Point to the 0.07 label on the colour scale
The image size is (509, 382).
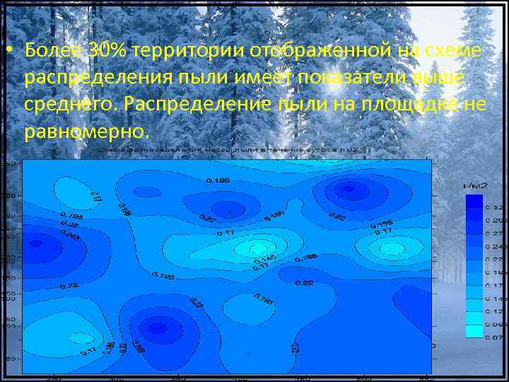[493, 336]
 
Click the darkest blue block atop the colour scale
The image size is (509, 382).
[474, 201]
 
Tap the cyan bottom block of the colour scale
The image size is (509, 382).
[474, 330]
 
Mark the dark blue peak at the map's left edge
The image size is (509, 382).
[35, 243]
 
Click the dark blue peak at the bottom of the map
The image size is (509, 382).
[157, 328]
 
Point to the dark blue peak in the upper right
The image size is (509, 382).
[347, 188]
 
